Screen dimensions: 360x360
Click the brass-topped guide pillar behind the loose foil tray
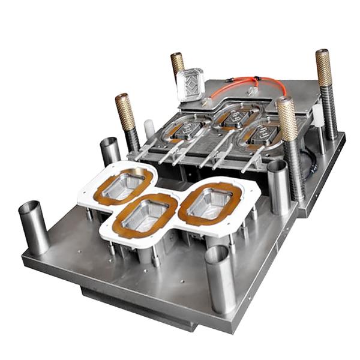[177, 63]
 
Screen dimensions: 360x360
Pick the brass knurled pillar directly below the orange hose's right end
[286, 120]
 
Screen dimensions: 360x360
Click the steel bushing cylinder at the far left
[34, 227]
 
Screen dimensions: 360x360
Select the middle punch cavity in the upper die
[228, 117]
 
